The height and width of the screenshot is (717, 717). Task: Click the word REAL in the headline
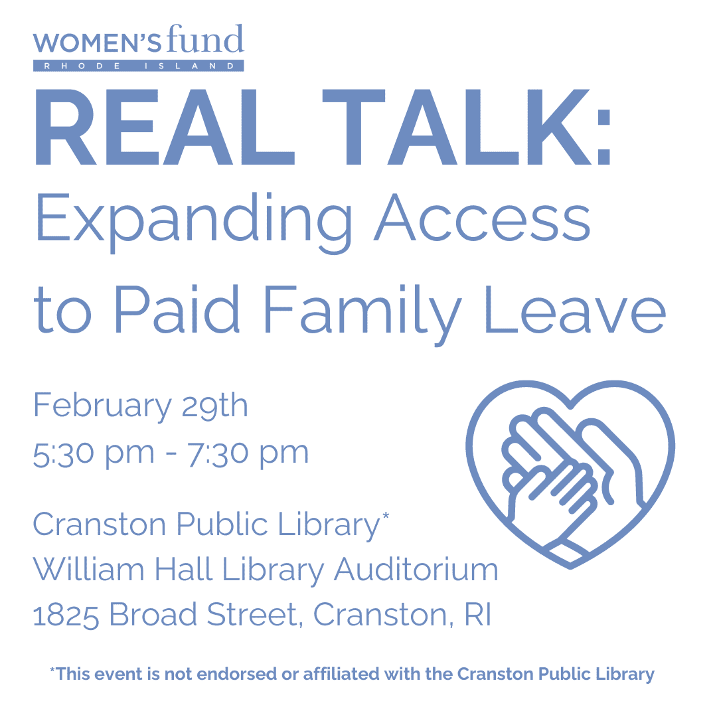pos(164,127)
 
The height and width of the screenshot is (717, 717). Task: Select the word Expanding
pos(193,222)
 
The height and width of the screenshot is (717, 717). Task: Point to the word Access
pos(483,218)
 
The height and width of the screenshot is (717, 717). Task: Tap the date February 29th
pos(140,406)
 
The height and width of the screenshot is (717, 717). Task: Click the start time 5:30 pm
pos(94,454)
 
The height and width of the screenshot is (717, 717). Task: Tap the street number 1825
pos(66,615)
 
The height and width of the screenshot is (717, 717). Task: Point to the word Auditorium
pos(416,570)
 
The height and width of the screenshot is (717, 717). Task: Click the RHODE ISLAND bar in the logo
pos(139,66)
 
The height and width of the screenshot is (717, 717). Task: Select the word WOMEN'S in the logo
pos(97,43)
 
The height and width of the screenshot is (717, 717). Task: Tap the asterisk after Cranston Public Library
pos(386,517)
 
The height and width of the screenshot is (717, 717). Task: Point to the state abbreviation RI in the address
pos(478,614)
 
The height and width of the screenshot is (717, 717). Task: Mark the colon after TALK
pos(603,137)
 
